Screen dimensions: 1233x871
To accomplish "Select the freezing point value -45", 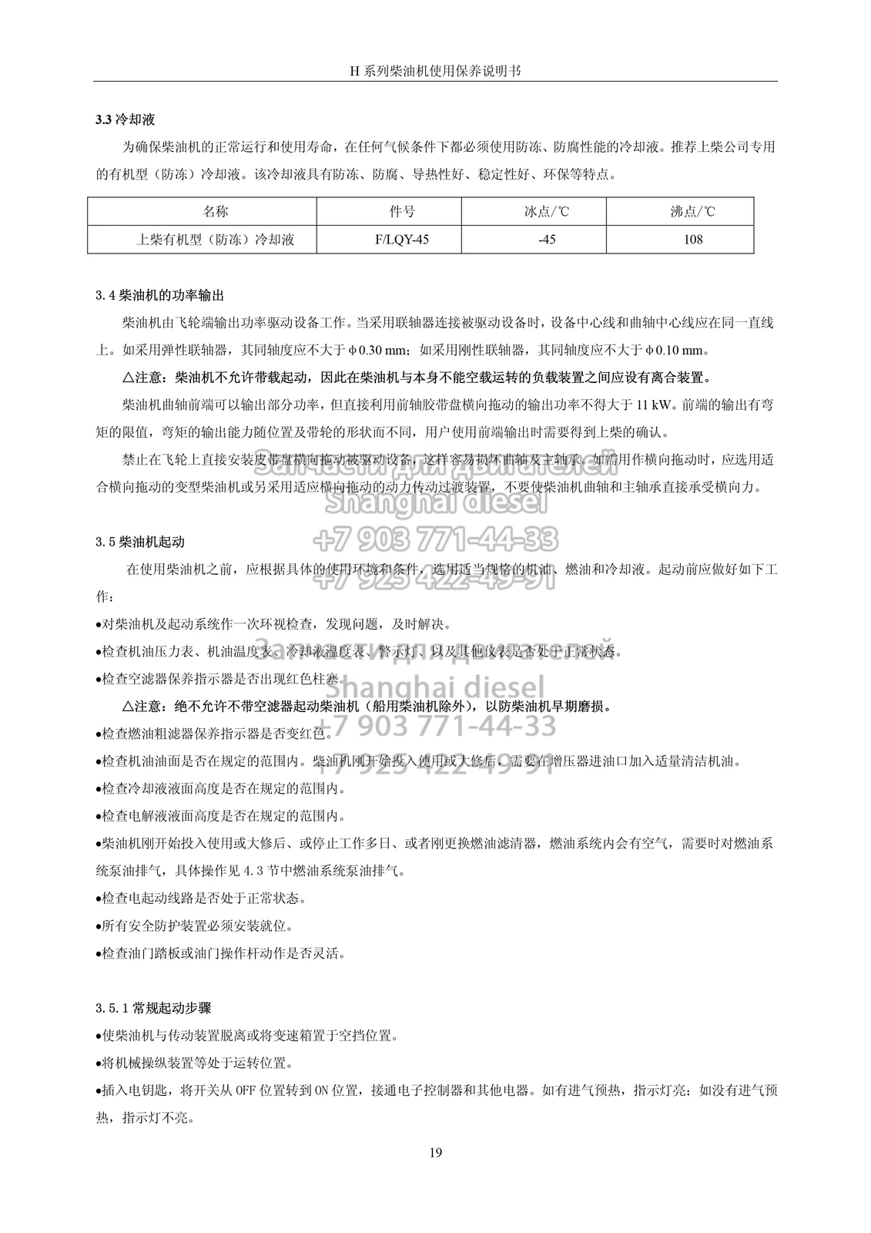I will click(546, 239).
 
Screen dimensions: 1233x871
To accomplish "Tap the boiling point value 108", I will click(692, 239).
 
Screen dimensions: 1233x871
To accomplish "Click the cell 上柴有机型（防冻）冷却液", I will click(216, 239).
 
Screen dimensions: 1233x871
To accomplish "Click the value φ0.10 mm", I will click(673, 351).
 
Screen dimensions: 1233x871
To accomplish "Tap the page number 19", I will click(435, 1153).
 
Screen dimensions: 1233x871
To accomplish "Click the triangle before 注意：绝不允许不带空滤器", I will click(128, 706).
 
